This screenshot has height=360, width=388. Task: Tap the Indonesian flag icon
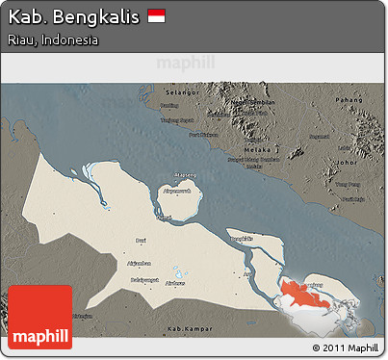coord(157,17)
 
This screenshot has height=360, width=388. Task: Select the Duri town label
coord(142,240)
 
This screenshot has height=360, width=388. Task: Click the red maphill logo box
coord(40,317)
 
